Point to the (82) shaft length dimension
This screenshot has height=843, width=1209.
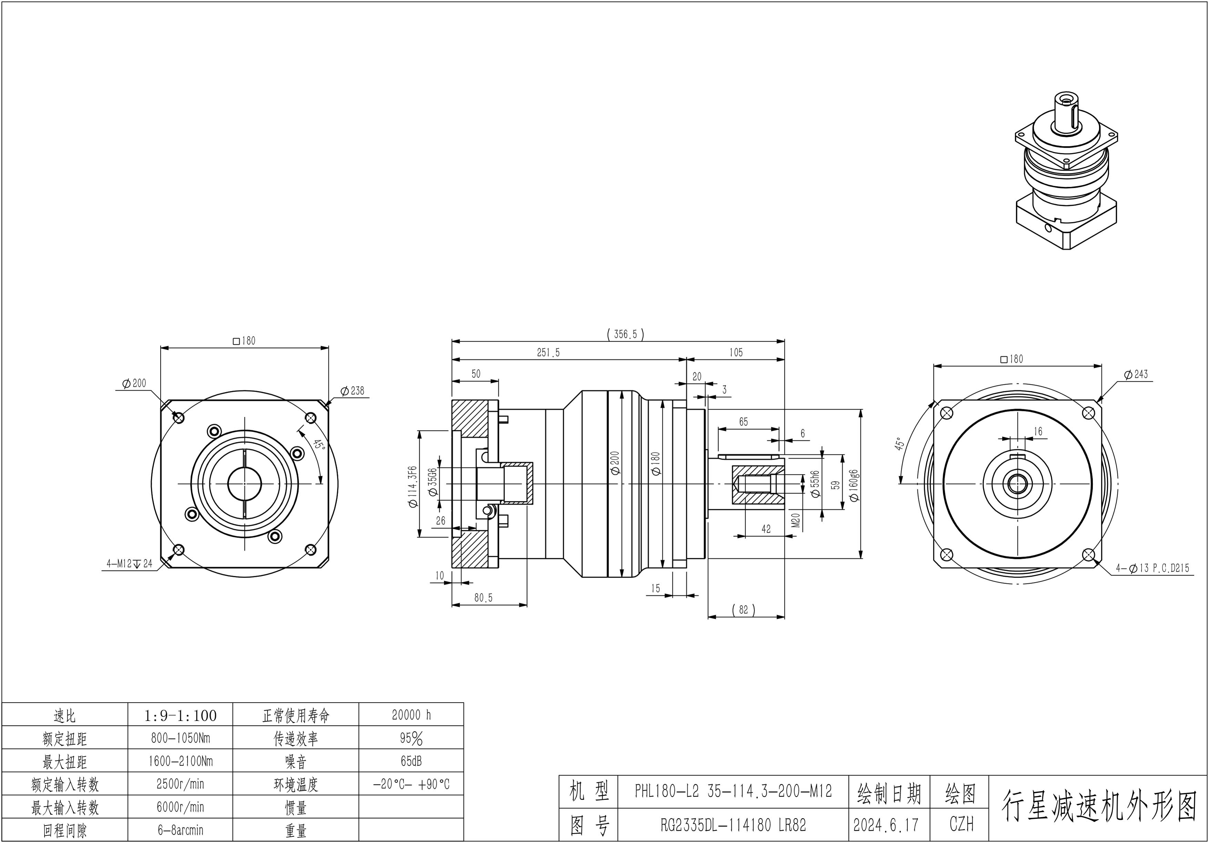[x=743, y=609]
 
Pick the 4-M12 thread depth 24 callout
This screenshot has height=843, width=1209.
[x=129, y=564]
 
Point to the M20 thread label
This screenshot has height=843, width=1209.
[x=796, y=521]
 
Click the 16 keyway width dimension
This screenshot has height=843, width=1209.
[x=1037, y=432]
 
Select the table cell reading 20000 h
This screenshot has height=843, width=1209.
[x=411, y=715]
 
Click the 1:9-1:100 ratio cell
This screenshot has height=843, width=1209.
[x=180, y=715]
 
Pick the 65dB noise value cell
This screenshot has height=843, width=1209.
[x=411, y=761]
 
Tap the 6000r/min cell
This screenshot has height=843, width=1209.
[x=180, y=807]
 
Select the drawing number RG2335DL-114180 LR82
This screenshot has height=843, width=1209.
[x=733, y=825]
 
